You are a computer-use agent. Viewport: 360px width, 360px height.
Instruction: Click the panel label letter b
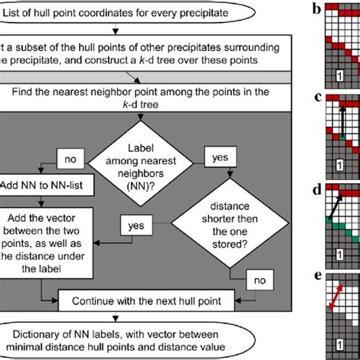(x=311, y=10)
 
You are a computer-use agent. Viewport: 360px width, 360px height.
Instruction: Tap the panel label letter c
(x=311, y=96)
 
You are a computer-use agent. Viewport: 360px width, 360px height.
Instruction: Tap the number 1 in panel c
(x=339, y=161)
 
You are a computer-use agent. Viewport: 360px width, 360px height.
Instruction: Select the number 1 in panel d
(x=339, y=248)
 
